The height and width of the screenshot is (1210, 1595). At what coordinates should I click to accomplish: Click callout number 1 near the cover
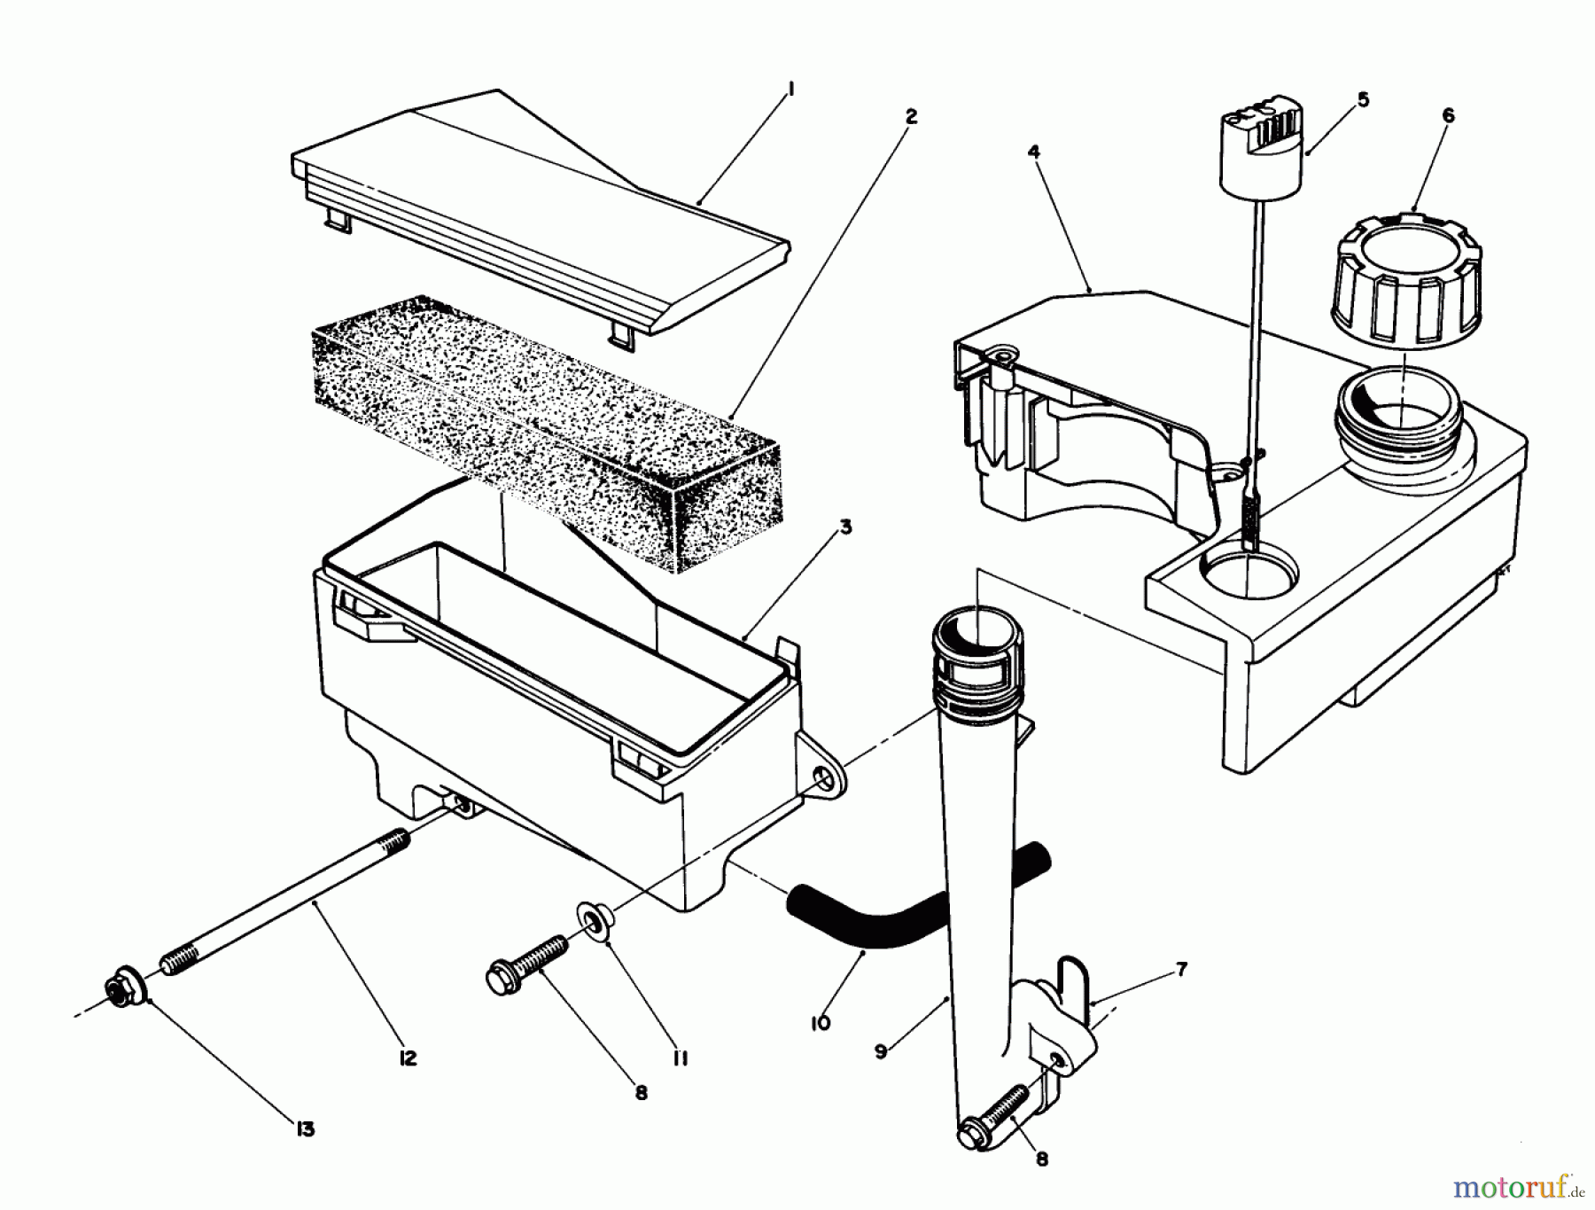(791, 89)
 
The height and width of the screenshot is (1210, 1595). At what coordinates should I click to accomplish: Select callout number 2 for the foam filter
(911, 116)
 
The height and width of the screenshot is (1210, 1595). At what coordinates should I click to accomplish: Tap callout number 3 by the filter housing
(845, 527)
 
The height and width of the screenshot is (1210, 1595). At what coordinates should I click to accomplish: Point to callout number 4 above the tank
(1033, 152)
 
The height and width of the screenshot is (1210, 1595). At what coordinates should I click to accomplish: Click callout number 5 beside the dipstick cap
(1363, 99)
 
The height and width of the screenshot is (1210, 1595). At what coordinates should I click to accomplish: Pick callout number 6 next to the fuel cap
(1448, 115)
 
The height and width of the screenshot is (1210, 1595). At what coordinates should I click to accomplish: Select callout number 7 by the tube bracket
(1182, 969)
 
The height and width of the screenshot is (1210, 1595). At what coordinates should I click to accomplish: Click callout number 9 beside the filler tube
(881, 1051)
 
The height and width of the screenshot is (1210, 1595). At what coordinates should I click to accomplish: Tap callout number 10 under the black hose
(820, 1023)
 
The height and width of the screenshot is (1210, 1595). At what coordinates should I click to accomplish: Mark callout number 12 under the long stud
(408, 1058)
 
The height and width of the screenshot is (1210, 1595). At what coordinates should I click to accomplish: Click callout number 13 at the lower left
(305, 1129)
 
